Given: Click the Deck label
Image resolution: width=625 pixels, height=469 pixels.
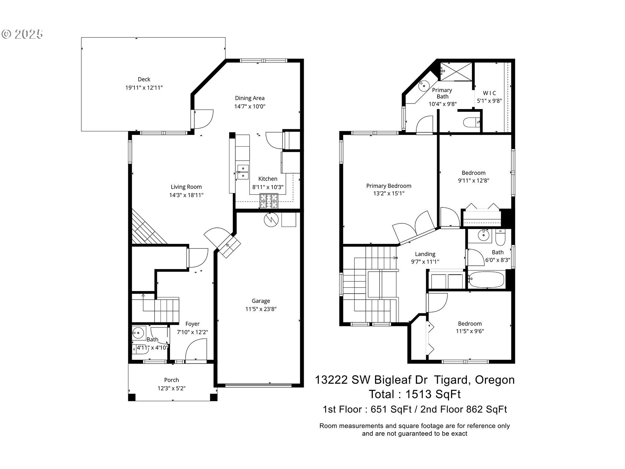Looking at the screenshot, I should (144, 79).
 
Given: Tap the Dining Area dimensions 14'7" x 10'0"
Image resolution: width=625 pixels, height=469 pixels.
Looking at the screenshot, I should (250, 107).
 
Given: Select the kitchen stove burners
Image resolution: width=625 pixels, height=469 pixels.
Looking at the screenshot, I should (269, 201).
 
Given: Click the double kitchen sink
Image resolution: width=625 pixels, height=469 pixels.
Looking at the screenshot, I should (243, 172).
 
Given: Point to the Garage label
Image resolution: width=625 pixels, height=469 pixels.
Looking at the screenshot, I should (261, 301).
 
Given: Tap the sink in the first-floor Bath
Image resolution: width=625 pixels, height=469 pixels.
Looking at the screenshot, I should (138, 333).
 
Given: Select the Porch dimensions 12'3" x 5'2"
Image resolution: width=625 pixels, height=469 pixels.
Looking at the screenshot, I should (171, 388).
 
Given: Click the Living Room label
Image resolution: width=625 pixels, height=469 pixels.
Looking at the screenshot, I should (186, 187).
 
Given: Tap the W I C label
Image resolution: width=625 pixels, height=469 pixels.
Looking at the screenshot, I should (489, 93).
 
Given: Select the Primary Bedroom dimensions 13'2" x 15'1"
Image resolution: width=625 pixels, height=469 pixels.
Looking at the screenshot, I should (389, 193).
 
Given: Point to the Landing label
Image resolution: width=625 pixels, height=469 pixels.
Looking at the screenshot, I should (425, 254).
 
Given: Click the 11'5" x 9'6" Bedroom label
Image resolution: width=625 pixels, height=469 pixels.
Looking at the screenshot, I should (469, 324).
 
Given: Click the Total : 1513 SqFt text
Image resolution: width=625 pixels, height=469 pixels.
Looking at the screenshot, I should (414, 394).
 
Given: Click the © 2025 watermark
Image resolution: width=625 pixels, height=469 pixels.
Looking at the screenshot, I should (22, 34).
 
